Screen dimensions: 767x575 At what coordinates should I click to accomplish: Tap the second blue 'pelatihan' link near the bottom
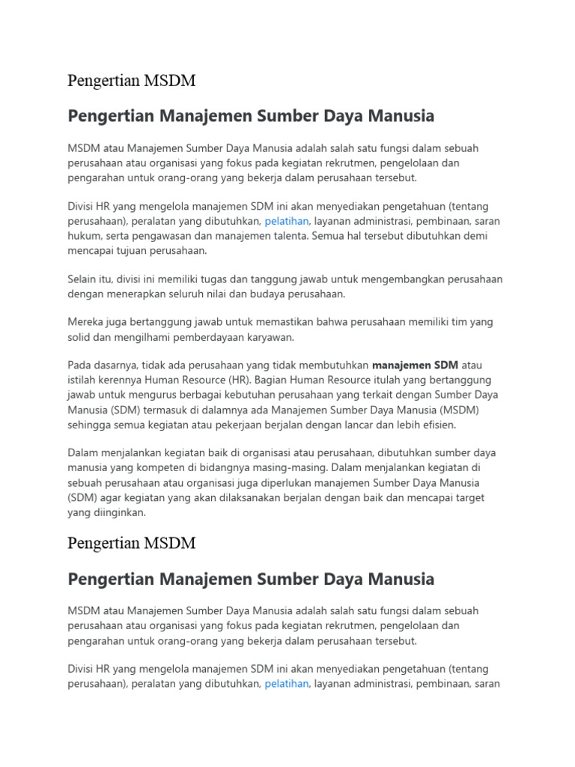[287, 684]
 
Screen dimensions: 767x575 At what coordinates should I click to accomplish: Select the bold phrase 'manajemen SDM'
[416, 366]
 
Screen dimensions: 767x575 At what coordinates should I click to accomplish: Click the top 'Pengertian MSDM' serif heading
[132, 80]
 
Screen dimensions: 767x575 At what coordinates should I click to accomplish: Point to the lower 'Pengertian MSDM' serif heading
[132, 543]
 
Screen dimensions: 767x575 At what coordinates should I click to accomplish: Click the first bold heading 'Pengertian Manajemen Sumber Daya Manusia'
[251, 117]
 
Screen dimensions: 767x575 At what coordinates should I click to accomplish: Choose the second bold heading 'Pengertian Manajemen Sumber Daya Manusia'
[251, 580]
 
